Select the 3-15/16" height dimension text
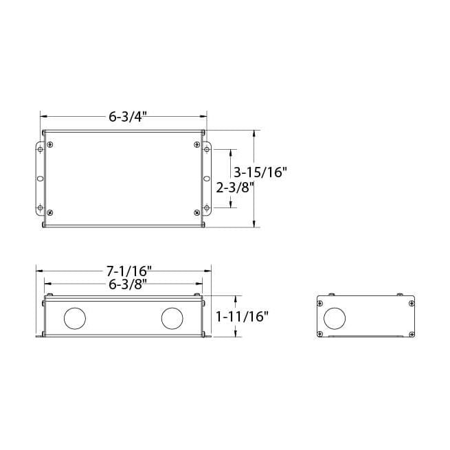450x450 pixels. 260,172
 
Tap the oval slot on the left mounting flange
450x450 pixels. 39,179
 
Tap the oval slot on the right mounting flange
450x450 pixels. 207,179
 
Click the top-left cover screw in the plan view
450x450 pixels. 49,145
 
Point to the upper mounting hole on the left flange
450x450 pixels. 40,149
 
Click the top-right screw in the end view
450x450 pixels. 411,302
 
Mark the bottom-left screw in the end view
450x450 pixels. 320,334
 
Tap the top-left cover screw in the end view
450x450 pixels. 320,302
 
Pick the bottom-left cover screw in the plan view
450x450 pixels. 49,212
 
